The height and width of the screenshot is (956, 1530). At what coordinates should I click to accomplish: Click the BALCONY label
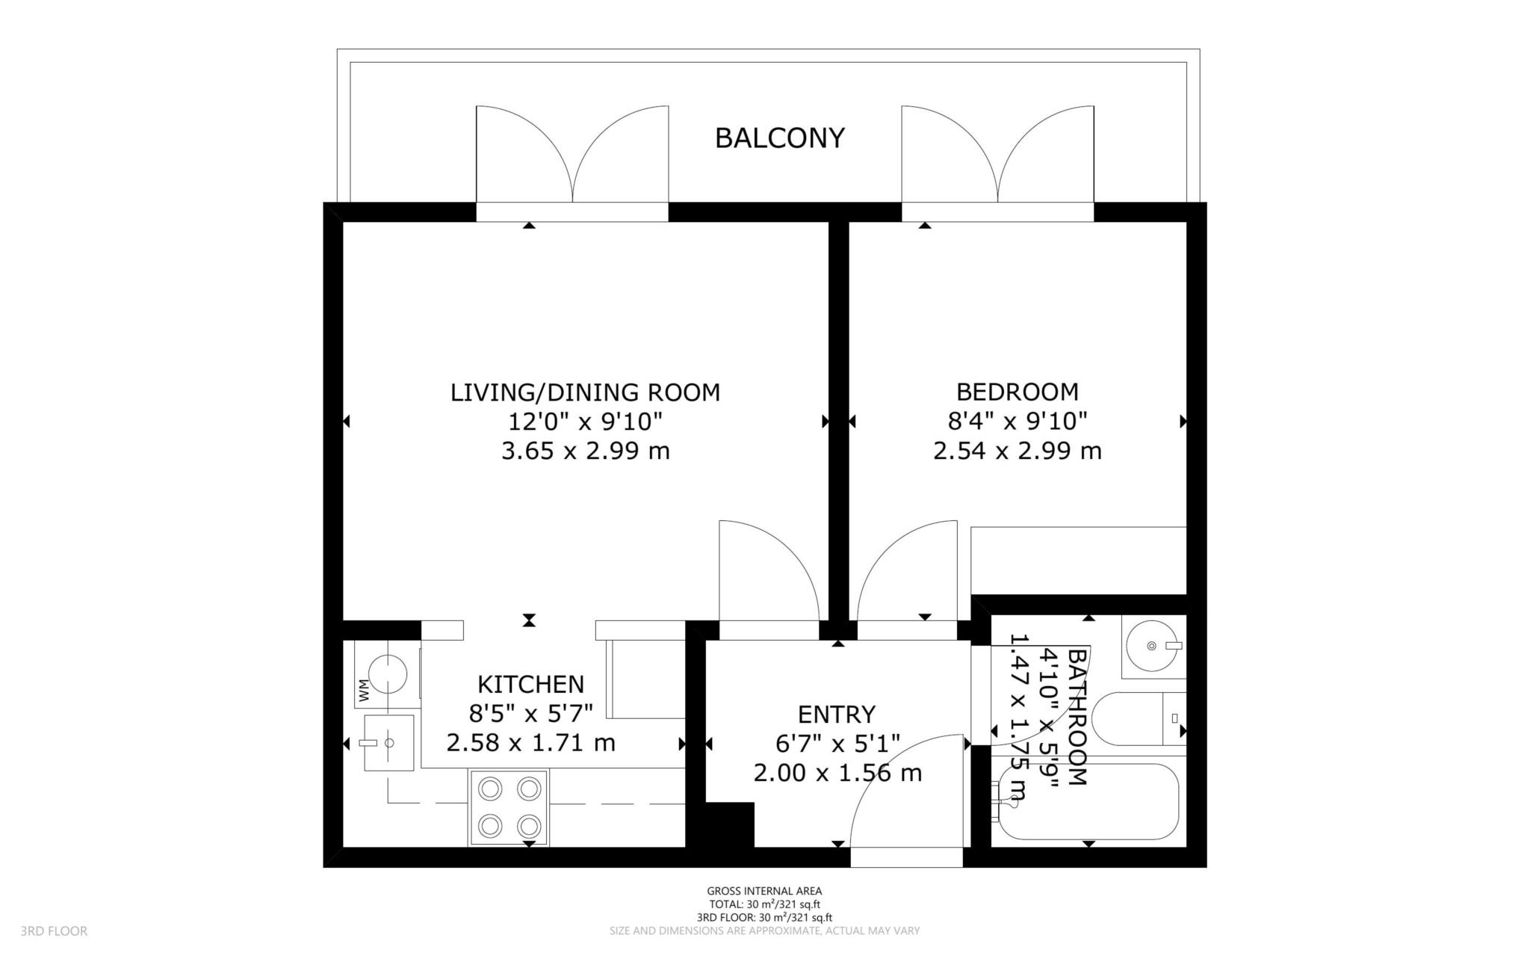[779, 138]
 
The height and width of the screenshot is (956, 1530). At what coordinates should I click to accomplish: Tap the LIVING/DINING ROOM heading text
[585, 392]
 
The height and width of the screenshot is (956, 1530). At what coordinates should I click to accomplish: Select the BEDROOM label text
[1018, 392]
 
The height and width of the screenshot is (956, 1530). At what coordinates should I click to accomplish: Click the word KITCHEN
[530, 684]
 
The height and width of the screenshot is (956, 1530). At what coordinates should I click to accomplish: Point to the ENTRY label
[837, 715]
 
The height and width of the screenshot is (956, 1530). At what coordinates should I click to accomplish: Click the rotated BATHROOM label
[1077, 718]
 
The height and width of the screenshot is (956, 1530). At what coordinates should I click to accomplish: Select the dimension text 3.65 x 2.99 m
[585, 451]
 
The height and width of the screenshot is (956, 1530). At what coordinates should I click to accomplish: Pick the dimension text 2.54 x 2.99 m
[1018, 451]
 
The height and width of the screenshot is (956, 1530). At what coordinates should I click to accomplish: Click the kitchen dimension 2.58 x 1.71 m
[530, 743]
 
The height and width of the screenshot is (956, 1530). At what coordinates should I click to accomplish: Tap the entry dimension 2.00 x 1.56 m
[837, 773]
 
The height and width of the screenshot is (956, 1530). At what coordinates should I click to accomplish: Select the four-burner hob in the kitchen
[509, 807]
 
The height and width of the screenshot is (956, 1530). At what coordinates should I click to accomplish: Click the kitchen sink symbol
[388, 743]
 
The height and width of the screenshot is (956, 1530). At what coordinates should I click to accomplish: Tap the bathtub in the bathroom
[1087, 801]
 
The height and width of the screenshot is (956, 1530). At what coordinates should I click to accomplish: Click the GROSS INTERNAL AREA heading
[764, 891]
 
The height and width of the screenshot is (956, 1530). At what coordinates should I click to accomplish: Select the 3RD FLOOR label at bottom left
[54, 931]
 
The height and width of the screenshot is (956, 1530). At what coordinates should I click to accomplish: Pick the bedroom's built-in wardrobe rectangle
[1079, 561]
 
